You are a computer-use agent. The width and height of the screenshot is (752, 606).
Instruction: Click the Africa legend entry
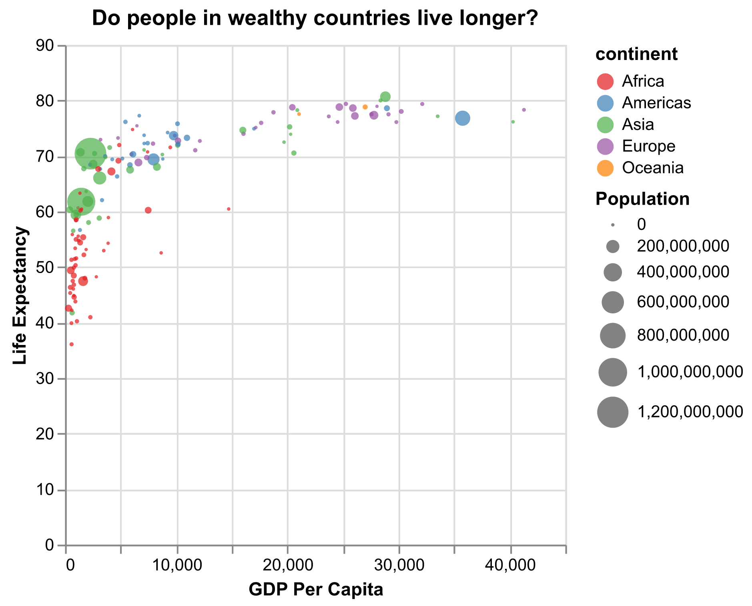pyautogui.click(x=642, y=81)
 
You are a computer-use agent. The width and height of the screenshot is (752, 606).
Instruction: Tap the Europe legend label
pyautogui.click(x=648, y=146)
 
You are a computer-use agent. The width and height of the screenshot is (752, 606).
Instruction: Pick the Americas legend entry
pyautogui.click(x=656, y=103)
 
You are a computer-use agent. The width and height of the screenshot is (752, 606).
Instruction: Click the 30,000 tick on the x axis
pyautogui.click(x=399, y=566)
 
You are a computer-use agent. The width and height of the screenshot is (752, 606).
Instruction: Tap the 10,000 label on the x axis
pyautogui.click(x=176, y=566)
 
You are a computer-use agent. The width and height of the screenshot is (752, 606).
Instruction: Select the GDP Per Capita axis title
pyautogui.click(x=316, y=590)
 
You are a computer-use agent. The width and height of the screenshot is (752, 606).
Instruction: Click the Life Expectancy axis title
pyautogui.click(x=20, y=295)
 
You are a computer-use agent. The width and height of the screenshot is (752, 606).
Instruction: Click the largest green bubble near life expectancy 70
pyautogui.click(x=90, y=153)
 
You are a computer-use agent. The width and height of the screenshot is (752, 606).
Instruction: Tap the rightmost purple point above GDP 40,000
pyautogui.click(x=523, y=110)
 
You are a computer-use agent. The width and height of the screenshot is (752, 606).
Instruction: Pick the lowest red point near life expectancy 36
pyautogui.click(x=72, y=344)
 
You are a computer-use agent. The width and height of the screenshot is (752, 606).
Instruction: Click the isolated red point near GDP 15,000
pyautogui.click(x=229, y=209)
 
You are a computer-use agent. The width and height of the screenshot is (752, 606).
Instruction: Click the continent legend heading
pyautogui.click(x=636, y=55)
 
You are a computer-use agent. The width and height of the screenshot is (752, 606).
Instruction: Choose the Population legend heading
pyautogui.click(x=642, y=199)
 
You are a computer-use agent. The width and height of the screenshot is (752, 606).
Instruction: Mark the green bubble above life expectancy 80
pyautogui.click(x=385, y=97)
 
